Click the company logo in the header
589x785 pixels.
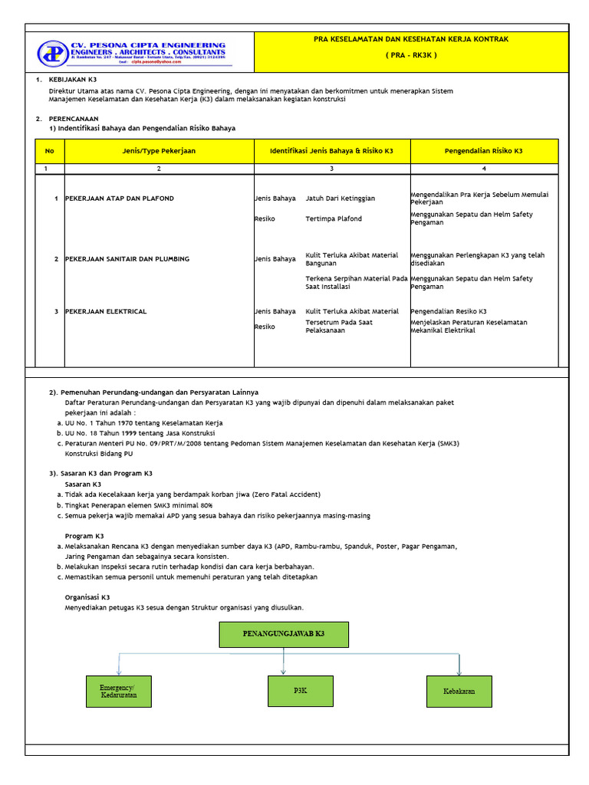pos(54,53)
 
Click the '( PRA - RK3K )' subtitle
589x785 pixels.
pos(410,56)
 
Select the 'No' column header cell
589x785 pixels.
pos(50,151)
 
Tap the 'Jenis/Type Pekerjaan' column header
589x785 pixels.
pos(159,151)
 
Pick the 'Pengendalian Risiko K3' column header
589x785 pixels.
pos(483,151)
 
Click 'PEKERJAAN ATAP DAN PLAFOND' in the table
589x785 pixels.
pos(120,199)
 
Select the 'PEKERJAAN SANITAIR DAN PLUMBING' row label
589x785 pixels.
pos(127,259)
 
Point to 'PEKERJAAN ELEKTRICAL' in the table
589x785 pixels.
pos(106,311)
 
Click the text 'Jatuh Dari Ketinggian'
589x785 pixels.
pos(341,199)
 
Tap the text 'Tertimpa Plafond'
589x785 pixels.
pos(334,218)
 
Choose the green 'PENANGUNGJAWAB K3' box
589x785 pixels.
pos(284,635)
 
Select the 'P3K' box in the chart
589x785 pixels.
pos(300,691)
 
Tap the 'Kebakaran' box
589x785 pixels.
pos(459,691)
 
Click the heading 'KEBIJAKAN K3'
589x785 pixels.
pos(73,80)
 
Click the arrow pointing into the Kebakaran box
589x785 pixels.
pos(459,668)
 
